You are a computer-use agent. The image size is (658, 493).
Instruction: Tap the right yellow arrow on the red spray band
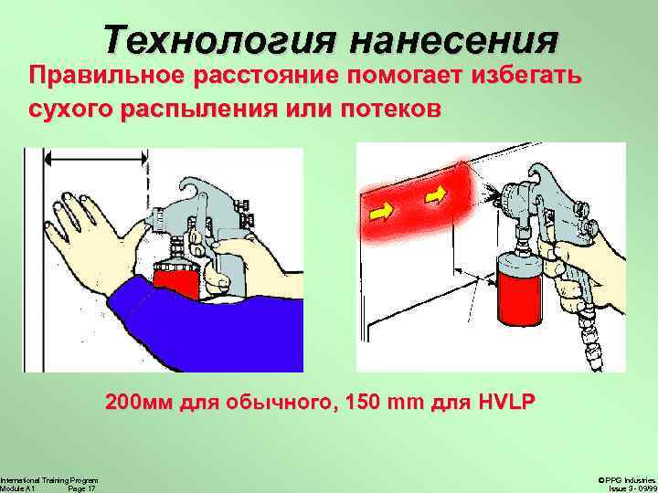tap(436, 194)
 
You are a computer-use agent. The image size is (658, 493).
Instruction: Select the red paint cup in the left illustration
tap(176, 278)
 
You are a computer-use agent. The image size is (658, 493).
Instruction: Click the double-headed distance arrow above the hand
tap(96, 159)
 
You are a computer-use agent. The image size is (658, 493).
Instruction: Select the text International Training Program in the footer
tap(49, 480)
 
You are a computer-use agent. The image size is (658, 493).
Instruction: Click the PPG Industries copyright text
tap(628, 480)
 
